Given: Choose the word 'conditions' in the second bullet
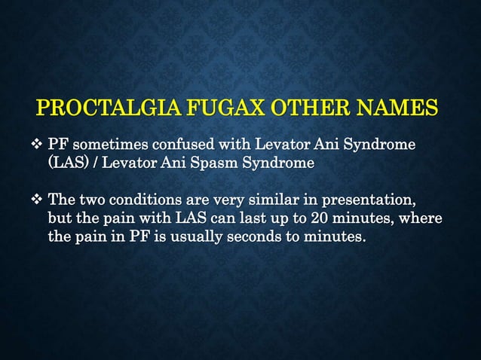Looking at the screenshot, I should point(146,201).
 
